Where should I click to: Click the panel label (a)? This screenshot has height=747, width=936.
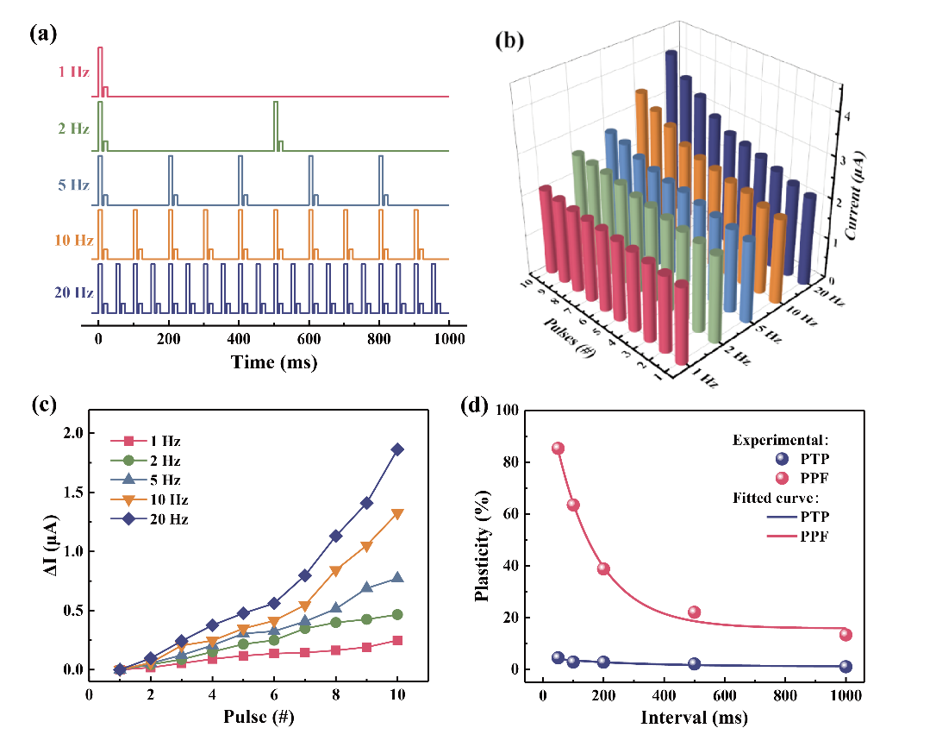click(x=43, y=34)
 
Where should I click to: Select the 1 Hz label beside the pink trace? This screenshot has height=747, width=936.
click(x=74, y=72)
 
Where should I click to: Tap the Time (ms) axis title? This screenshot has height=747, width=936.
click(x=273, y=362)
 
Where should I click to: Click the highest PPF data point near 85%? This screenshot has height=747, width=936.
click(x=558, y=449)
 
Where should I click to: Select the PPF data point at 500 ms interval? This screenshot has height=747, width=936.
click(x=694, y=612)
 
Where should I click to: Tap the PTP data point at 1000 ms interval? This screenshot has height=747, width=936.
click(x=846, y=666)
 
